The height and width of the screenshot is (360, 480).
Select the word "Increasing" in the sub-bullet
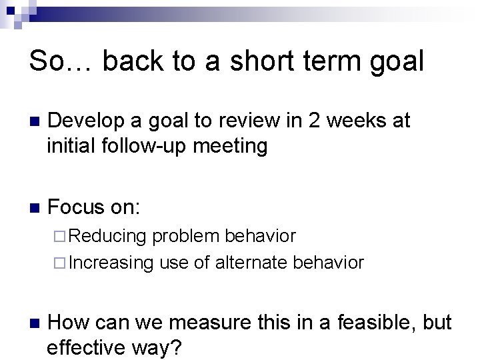[111, 262]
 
